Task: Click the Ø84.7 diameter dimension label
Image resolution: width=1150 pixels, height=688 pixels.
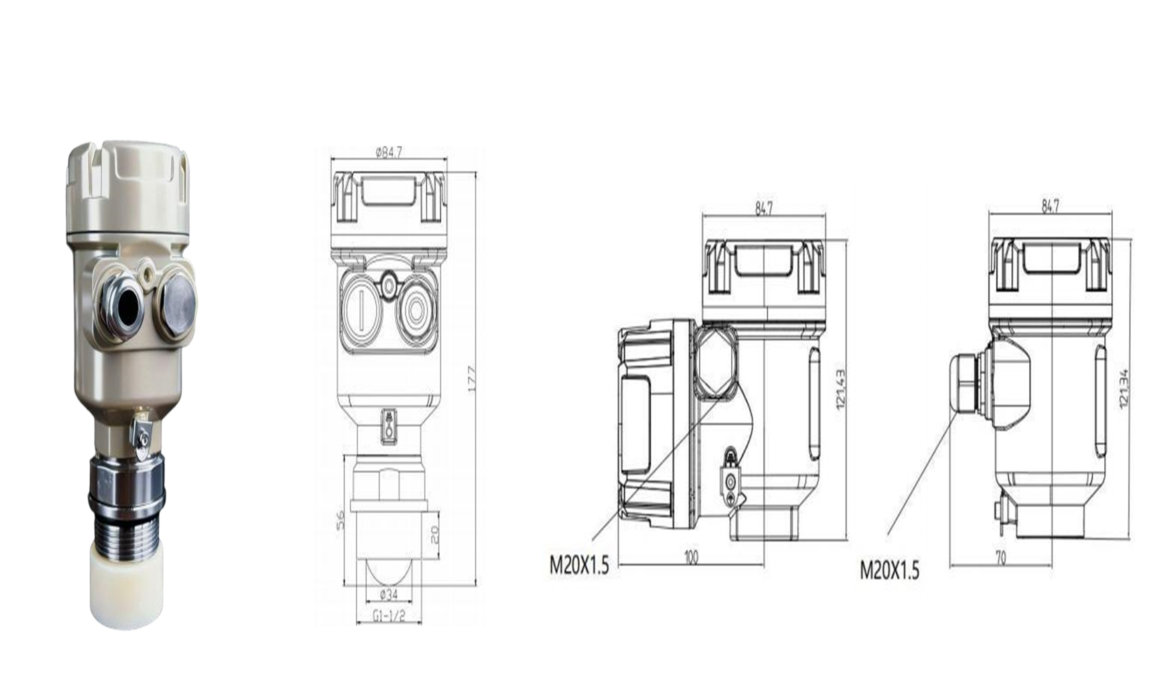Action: coord(389,152)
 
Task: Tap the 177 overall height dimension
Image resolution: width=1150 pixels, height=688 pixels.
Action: coord(472,379)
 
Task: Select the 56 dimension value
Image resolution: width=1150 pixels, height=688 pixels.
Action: coord(340,520)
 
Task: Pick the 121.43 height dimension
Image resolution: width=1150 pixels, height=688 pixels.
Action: coord(840,389)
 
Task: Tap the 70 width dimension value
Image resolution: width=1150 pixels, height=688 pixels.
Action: coord(1001,558)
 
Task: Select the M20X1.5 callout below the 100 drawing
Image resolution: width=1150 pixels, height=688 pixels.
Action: coord(579,565)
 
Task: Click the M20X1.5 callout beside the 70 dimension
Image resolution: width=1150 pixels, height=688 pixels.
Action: coord(889,570)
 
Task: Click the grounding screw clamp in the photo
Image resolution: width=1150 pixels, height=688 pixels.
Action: coord(141,436)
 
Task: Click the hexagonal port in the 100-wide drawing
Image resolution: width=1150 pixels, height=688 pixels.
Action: coord(716,361)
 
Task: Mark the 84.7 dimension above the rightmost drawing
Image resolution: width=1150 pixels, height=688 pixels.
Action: coord(1050,205)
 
